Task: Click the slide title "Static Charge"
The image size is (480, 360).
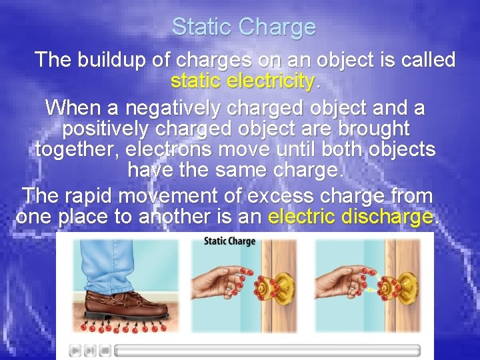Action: tap(243, 27)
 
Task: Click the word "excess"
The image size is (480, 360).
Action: tap(280, 196)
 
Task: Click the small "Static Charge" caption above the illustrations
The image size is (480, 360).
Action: tap(229, 241)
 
